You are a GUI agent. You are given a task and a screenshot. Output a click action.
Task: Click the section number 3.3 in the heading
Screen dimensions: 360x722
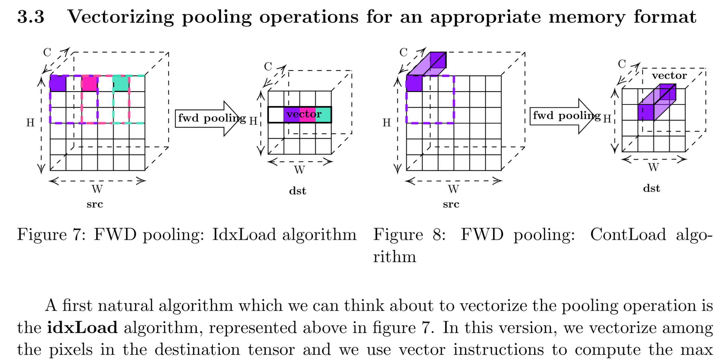pos(31,17)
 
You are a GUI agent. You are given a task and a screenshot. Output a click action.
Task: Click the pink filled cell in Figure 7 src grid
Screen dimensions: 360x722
pos(89,83)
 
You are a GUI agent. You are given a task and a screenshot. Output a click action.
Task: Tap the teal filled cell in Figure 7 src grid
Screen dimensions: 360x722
pos(121,83)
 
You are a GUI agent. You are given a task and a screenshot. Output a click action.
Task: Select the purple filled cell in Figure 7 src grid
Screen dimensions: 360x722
pos(58,83)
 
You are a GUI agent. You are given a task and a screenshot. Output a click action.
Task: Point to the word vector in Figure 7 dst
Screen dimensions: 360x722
pos(304,114)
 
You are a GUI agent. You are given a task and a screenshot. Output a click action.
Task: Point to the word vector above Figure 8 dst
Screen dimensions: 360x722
pos(669,76)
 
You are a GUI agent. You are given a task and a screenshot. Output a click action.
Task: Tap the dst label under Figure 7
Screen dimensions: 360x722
pos(298,191)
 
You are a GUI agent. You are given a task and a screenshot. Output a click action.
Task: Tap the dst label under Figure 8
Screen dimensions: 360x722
pos(651,188)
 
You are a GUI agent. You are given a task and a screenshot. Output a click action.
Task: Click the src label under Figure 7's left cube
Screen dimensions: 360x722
pos(95,204)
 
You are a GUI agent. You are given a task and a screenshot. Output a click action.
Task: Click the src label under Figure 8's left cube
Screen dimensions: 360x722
pos(451,204)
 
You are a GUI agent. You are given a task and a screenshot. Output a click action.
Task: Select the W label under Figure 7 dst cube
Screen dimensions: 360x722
pos(299,170)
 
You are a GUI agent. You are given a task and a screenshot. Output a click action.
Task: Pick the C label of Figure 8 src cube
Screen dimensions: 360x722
pos(403,53)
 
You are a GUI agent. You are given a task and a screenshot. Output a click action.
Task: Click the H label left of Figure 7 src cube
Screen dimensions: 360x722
pos(30,122)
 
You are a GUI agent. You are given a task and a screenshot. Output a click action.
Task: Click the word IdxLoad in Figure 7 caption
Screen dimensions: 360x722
pos(244,234)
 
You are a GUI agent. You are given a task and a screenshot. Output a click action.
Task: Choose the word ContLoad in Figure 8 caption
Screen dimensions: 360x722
pos(628,234)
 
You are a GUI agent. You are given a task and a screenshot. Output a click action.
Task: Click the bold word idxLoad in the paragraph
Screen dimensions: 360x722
pos(82,328)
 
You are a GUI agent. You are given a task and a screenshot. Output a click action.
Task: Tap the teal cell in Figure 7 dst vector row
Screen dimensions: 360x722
pos(323,115)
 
